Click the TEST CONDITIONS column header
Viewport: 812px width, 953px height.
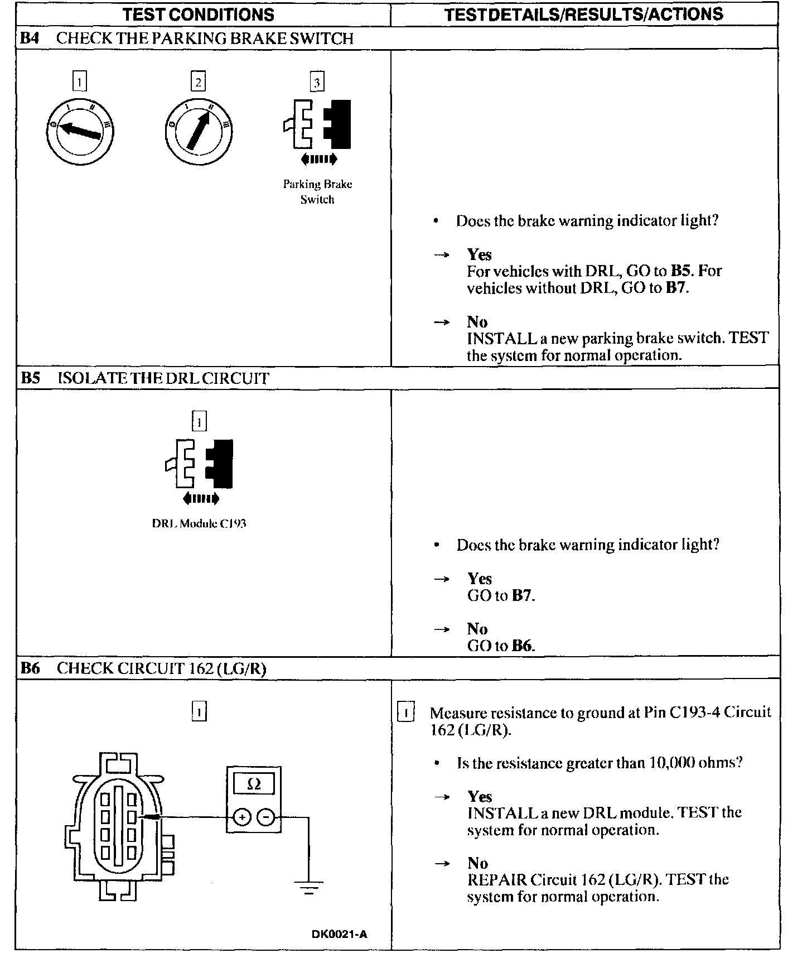pyautogui.click(x=199, y=14)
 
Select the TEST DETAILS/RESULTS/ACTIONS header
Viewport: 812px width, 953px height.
pyautogui.click(x=584, y=14)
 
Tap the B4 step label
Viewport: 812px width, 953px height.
pyautogui.click(x=30, y=38)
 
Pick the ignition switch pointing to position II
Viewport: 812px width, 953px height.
pyautogui.click(x=199, y=132)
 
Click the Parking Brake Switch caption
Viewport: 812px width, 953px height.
pyautogui.click(x=317, y=191)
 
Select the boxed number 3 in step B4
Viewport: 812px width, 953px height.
pyautogui.click(x=317, y=83)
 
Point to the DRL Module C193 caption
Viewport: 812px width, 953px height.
pyautogui.click(x=199, y=524)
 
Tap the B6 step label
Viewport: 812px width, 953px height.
pyautogui.click(x=30, y=668)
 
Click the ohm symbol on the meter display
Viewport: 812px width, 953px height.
pyautogui.click(x=254, y=784)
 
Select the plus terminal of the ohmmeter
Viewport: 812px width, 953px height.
pyautogui.click(x=241, y=817)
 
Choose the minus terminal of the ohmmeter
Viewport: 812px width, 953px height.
pyautogui.click(x=267, y=817)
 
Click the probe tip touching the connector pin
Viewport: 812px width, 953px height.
pyautogui.click(x=152, y=817)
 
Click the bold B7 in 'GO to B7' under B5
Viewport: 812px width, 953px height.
pyautogui.click(x=522, y=595)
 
